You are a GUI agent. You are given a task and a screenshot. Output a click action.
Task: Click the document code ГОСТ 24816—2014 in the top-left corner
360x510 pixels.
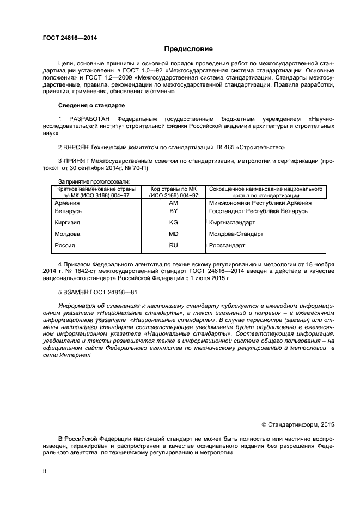(x=66, y=38)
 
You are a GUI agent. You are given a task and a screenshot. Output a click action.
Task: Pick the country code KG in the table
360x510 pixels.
(x=173, y=222)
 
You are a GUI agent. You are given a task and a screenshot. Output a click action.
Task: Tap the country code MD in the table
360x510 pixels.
(x=173, y=234)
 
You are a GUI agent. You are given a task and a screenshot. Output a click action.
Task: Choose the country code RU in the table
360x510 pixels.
(x=173, y=246)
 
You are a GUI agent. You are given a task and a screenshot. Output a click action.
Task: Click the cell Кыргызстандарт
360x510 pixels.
(x=232, y=222)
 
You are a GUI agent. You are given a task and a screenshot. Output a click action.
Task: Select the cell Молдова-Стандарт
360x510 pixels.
(x=236, y=234)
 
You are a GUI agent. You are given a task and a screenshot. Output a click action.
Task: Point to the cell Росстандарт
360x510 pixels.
(x=227, y=246)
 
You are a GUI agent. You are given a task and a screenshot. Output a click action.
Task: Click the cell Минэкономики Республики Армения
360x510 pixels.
(x=260, y=202)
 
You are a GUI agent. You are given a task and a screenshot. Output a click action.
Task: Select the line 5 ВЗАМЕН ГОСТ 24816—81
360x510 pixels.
(x=97, y=292)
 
